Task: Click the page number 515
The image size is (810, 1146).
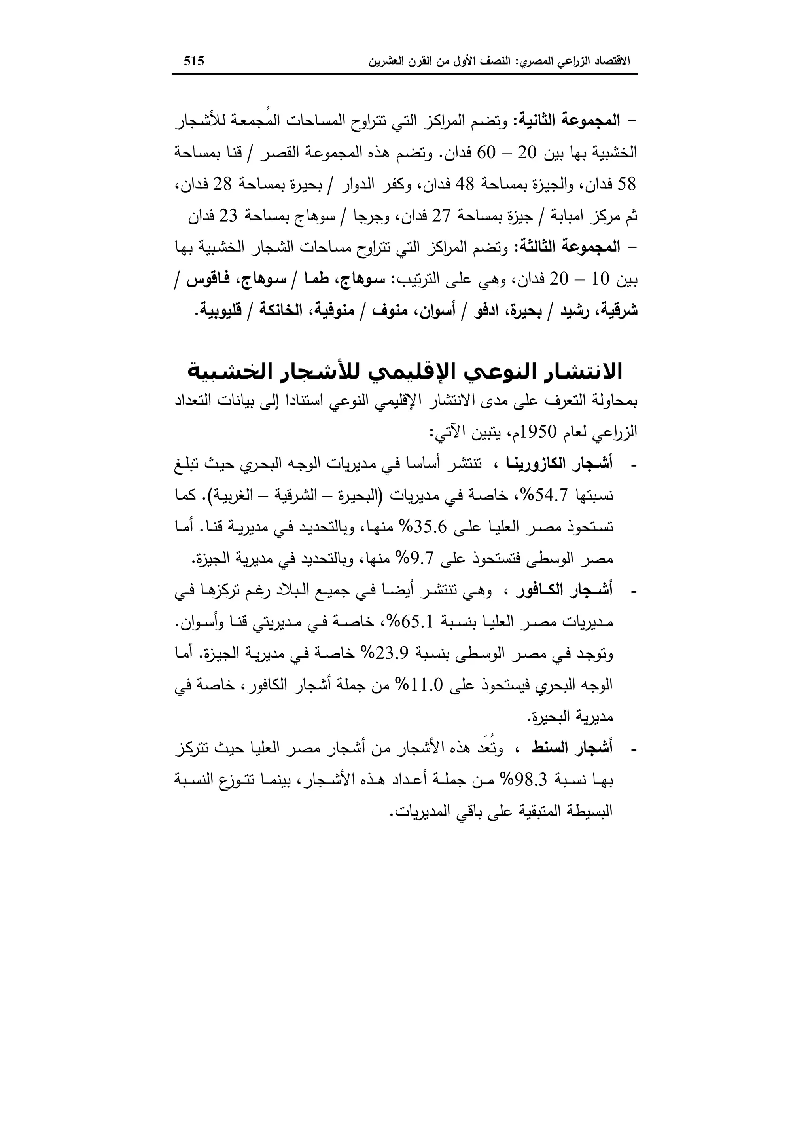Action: coord(194,61)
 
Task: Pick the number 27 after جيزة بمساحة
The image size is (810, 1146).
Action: coord(441,216)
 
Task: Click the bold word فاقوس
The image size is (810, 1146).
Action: coord(204,279)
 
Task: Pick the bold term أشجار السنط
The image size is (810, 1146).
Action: coord(581,748)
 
